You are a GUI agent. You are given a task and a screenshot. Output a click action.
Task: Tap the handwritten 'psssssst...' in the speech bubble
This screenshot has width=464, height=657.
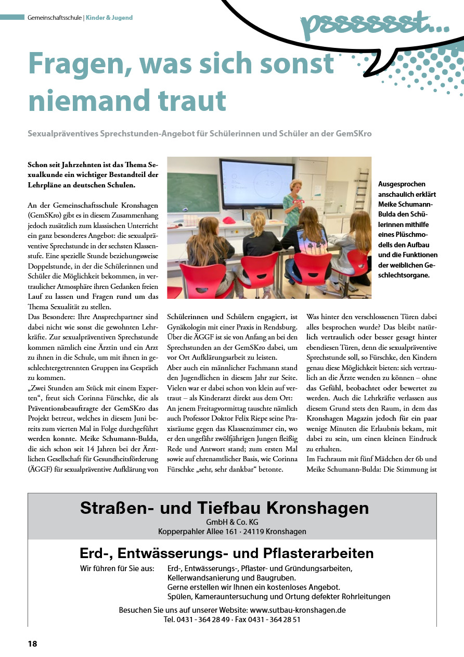click(x=375, y=23)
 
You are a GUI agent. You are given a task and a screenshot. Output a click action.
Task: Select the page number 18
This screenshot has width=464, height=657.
click(x=32, y=644)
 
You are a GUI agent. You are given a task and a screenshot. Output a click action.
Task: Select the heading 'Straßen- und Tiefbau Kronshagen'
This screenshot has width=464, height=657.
click(x=224, y=508)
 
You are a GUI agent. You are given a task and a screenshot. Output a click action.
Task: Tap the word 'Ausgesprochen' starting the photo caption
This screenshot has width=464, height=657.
click(x=402, y=184)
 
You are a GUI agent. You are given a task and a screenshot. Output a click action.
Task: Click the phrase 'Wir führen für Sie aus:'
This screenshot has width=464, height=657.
click(x=117, y=568)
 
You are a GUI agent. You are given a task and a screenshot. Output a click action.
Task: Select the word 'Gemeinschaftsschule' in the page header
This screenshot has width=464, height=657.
click(x=54, y=18)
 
